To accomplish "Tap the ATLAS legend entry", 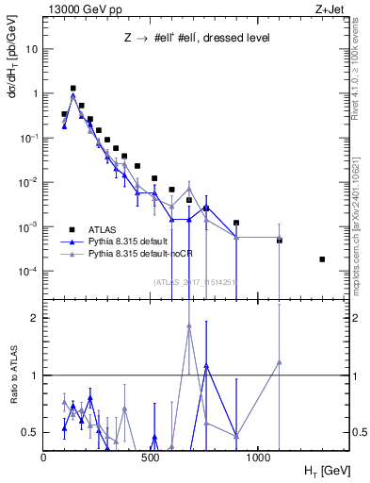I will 105,230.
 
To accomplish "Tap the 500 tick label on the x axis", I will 152,458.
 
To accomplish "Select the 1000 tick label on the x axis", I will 258,458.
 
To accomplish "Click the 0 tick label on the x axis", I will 44,458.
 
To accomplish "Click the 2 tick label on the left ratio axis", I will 34,318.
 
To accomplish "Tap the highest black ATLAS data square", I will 73,88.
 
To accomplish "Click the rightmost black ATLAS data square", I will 322,259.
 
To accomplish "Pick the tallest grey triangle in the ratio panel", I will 189,325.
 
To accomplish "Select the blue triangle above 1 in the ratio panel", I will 206,365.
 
